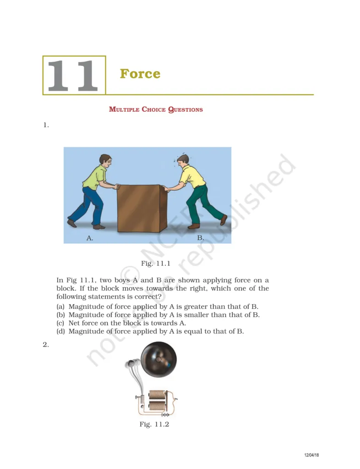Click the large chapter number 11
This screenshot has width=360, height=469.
click(73, 76)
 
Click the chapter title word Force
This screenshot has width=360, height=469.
click(140, 74)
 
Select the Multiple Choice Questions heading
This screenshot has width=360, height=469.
click(156, 109)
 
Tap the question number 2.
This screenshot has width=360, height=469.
click(45, 345)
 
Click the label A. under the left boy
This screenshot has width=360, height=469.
click(90, 238)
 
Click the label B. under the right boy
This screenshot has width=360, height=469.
click(200, 238)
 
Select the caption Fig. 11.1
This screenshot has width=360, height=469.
click(156, 263)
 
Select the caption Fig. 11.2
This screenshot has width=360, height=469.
click(154, 425)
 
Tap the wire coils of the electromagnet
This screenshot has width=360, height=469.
click(157, 400)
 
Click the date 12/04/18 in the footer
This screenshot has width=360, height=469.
click(311, 455)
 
